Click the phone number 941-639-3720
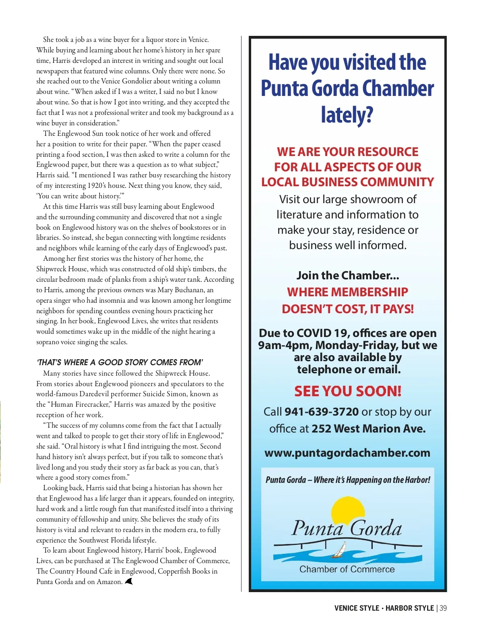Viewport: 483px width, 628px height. pos(322,412)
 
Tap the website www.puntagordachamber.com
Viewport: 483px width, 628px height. pos(347,453)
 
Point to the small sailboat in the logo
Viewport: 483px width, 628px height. pos(339,550)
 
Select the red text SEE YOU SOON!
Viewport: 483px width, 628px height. pos(348,391)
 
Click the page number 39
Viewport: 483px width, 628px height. pos(443,608)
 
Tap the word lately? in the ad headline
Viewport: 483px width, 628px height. pos(347,115)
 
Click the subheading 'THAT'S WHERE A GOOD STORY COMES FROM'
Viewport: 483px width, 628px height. pos(120,362)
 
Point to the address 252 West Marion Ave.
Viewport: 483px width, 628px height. pos(368,428)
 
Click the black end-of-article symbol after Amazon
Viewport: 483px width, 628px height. pos(129,581)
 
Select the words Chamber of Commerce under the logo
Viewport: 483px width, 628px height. pos(347,569)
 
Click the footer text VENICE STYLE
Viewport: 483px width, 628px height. pos(357,608)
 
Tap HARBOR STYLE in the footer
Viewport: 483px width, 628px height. pos(409,608)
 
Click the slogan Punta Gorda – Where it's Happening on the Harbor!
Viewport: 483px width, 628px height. pos(348,480)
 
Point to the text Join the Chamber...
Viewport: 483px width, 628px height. pos(348,275)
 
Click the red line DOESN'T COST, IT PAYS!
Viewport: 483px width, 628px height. pos(348,309)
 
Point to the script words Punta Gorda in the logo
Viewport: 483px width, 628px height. pos(347,528)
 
